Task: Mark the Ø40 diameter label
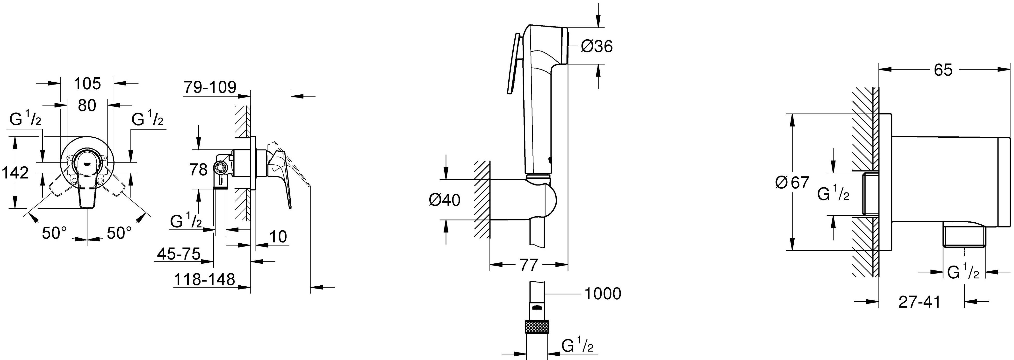pyautogui.click(x=444, y=200)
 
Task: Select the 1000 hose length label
pyautogui.click(x=603, y=294)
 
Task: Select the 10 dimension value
pyautogui.click(x=278, y=237)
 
